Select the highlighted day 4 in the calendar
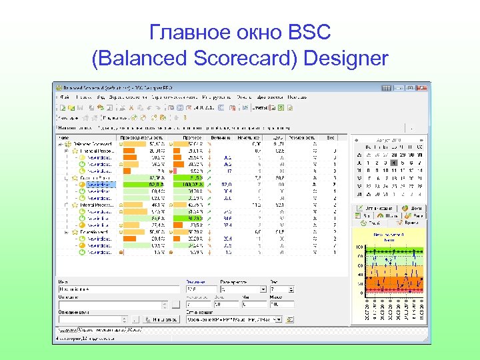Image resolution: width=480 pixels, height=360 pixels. coord(394,163)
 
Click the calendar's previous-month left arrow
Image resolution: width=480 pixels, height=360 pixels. coord(355,141)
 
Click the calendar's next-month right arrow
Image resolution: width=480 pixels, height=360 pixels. coord(420,141)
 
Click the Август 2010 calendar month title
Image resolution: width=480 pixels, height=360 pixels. coord(388,141)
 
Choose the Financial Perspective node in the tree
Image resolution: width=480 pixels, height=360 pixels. coord(97,151)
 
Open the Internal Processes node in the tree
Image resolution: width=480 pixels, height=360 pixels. coord(97,205)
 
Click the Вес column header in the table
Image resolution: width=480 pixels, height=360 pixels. coord(331,137)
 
